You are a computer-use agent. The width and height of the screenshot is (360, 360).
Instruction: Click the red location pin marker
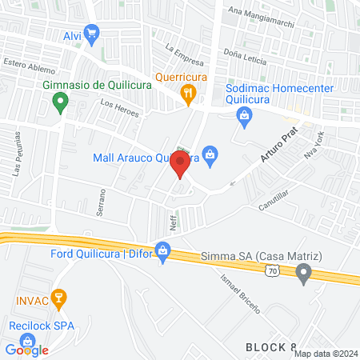[x=180, y=164]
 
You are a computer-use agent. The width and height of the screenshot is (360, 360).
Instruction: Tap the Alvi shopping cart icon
[x=92, y=34]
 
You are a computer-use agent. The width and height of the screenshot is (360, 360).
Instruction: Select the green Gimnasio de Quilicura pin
[x=58, y=102]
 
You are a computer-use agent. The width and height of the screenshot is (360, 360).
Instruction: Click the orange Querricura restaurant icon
[x=187, y=93]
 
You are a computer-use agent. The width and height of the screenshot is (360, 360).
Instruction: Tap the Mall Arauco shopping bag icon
[x=210, y=154]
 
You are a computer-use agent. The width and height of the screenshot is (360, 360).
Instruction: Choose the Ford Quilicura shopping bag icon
[x=163, y=250]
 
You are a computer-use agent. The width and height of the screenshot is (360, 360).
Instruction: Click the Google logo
[x=26, y=350]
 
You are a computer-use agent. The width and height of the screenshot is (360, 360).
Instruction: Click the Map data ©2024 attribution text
[x=325, y=354]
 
